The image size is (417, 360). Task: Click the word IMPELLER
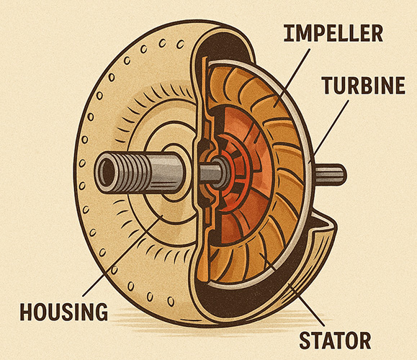pyautogui.click(x=333, y=33)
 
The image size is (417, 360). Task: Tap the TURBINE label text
pyautogui.click(x=363, y=86)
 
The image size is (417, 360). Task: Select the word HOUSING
pyautogui.click(x=64, y=312)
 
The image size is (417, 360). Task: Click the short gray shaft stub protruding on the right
pyautogui.click(x=331, y=174)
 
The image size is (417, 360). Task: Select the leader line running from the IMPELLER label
pyautogui.click(x=292, y=78)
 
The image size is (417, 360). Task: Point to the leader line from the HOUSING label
pyautogui.click(x=122, y=256)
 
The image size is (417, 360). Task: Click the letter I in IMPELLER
pyautogui.click(x=287, y=33)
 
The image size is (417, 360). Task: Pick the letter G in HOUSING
pyautogui.click(x=102, y=312)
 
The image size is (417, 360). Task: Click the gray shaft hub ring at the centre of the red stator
pyautogui.click(x=220, y=172)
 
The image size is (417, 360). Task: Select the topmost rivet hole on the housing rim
pyautogui.click(x=181, y=44)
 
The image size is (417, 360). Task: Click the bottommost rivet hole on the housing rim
pyautogui.click(x=171, y=302)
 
